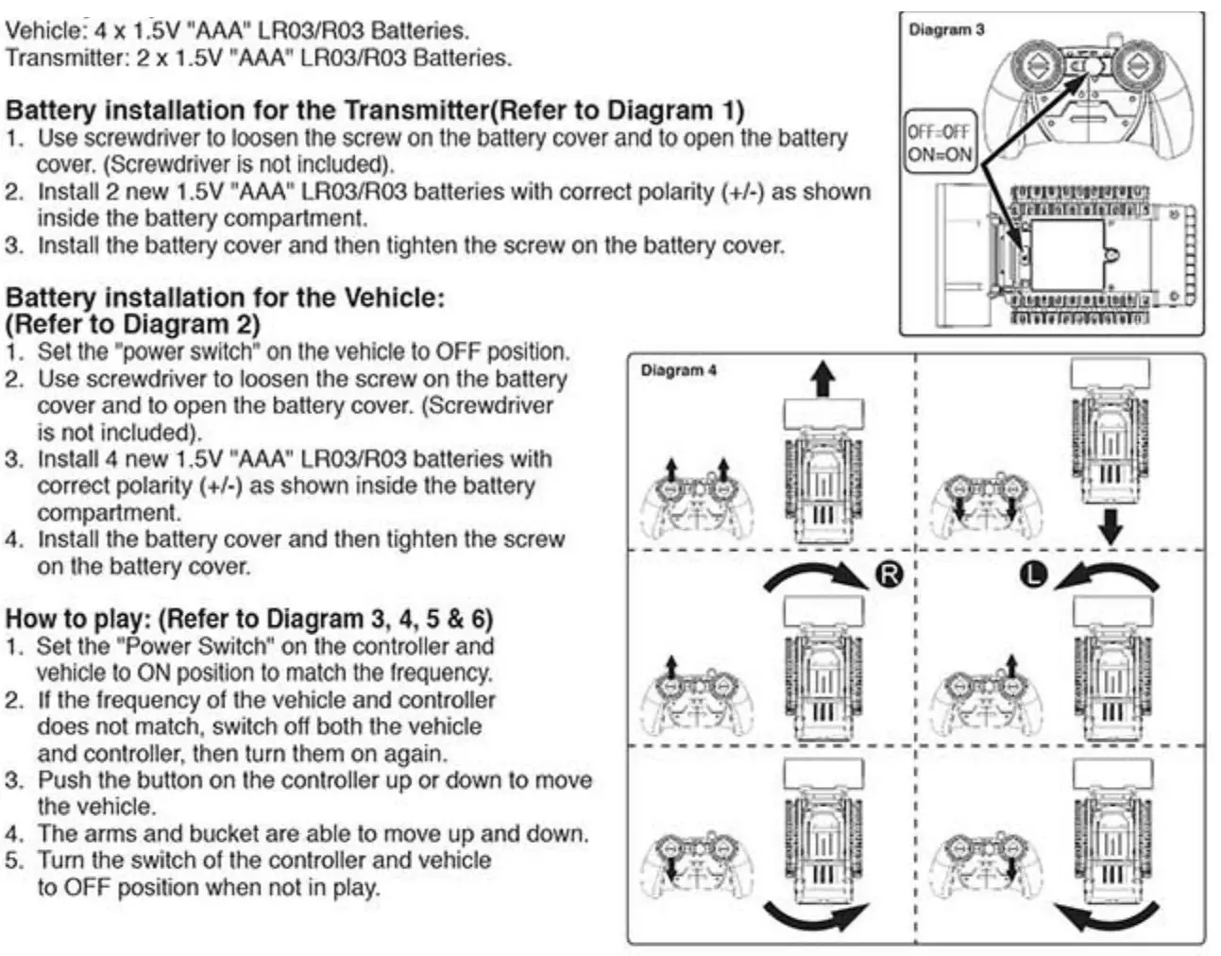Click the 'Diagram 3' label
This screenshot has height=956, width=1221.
point(945,30)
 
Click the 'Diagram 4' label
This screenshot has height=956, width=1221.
point(678,370)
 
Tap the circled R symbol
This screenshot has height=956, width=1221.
point(889,573)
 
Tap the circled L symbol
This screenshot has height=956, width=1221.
point(1034,573)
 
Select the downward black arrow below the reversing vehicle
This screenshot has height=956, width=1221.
point(1111,526)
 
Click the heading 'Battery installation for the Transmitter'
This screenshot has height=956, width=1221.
point(374,110)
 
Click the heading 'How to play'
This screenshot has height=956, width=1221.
point(249,619)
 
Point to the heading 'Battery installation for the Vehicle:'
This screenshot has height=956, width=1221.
point(225,298)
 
